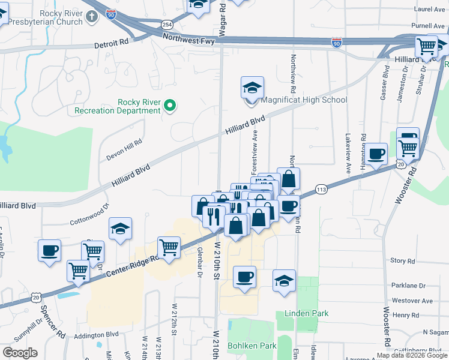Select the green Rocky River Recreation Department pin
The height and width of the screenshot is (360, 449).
pos(170,106)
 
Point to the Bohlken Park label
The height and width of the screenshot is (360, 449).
pos(252,346)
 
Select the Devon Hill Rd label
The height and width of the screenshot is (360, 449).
pos(124,147)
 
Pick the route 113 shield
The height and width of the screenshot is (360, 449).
pos(322,189)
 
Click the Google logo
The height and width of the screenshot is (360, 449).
pos(20,352)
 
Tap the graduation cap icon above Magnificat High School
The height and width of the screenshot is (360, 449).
pos(252,88)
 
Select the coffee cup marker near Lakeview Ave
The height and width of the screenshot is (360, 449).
pos(376,154)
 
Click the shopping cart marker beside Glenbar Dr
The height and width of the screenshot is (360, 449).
pos(169,247)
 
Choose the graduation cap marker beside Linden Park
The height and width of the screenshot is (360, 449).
pos(284,280)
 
